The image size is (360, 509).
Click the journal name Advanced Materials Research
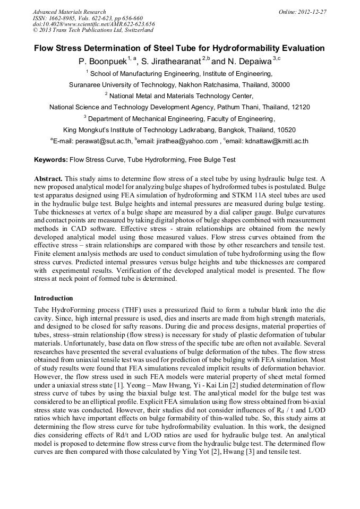point(69,12)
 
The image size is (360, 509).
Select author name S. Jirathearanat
point(169,62)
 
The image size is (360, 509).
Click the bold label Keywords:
point(51,160)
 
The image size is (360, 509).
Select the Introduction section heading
point(54,298)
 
